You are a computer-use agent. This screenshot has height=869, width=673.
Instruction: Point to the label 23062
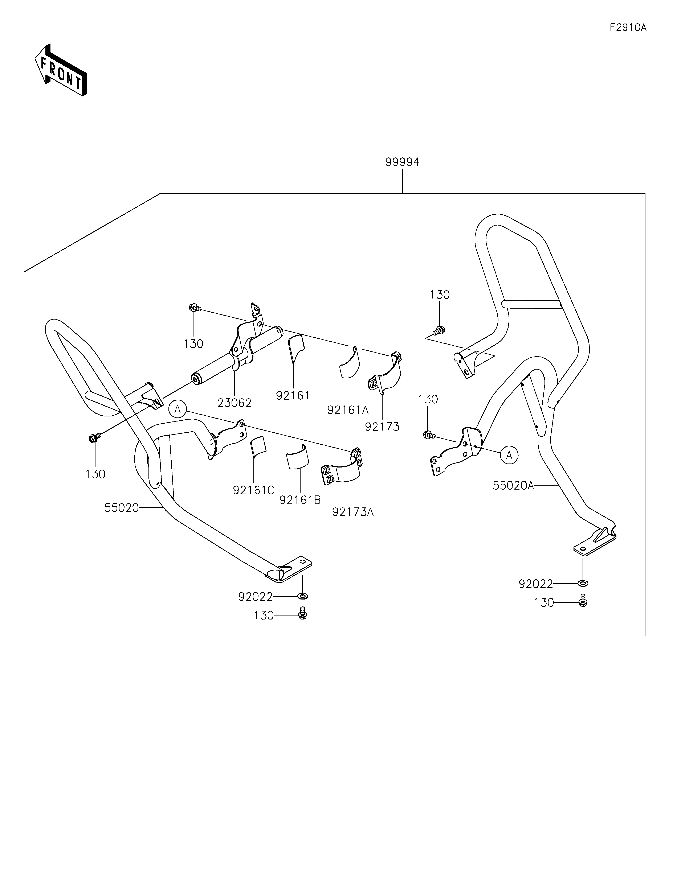click(x=234, y=403)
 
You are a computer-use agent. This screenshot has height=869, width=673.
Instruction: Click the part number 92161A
click(x=348, y=410)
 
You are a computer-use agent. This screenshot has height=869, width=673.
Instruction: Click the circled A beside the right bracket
click(x=509, y=455)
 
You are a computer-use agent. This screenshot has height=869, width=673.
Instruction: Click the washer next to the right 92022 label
click(x=583, y=583)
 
